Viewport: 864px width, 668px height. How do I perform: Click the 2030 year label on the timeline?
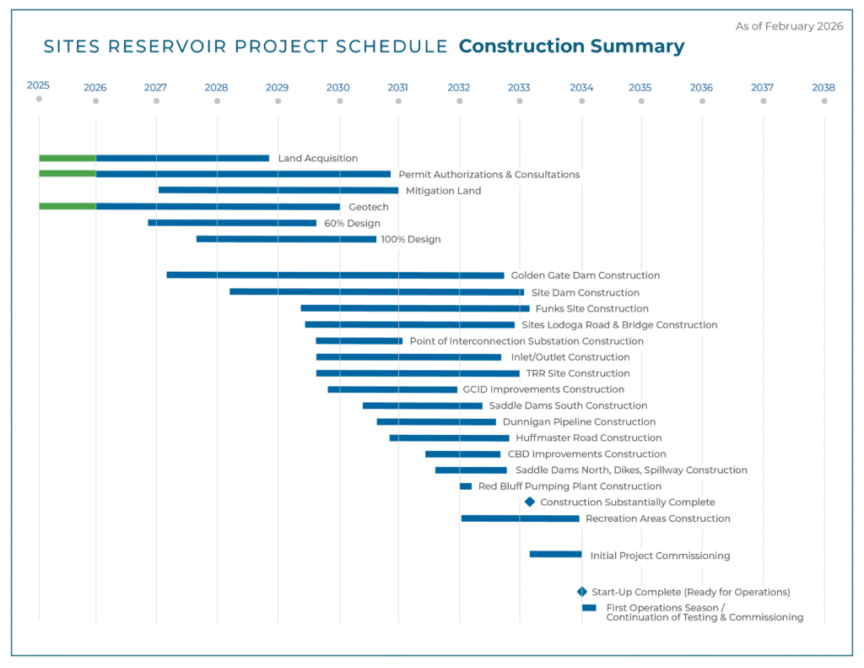(337, 87)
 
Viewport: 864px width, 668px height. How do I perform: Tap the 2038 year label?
(823, 87)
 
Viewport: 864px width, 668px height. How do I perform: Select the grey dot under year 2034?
(581, 101)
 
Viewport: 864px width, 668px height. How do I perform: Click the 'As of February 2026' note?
(789, 26)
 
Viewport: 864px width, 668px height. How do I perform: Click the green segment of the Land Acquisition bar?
(67, 158)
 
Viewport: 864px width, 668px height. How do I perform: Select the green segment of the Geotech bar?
(67, 206)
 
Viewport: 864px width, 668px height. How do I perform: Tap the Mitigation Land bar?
(278, 190)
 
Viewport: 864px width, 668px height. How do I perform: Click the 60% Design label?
(352, 224)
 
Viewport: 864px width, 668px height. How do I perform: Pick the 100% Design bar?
(286, 239)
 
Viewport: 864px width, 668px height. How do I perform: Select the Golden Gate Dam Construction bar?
(335, 275)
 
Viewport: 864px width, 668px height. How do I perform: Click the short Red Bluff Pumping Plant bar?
(466, 486)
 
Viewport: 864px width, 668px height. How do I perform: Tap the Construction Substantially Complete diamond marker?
(530, 502)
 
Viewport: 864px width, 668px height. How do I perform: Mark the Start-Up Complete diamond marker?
(581, 592)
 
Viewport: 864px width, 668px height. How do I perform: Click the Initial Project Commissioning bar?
(555, 554)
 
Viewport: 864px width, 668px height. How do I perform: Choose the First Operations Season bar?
(589, 608)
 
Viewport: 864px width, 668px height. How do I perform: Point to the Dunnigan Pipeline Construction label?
(579, 422)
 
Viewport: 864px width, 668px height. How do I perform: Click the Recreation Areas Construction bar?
(520, 519)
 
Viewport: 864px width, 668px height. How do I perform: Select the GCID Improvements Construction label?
(544, 390)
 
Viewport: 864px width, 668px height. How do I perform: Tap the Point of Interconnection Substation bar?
(359, 341)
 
